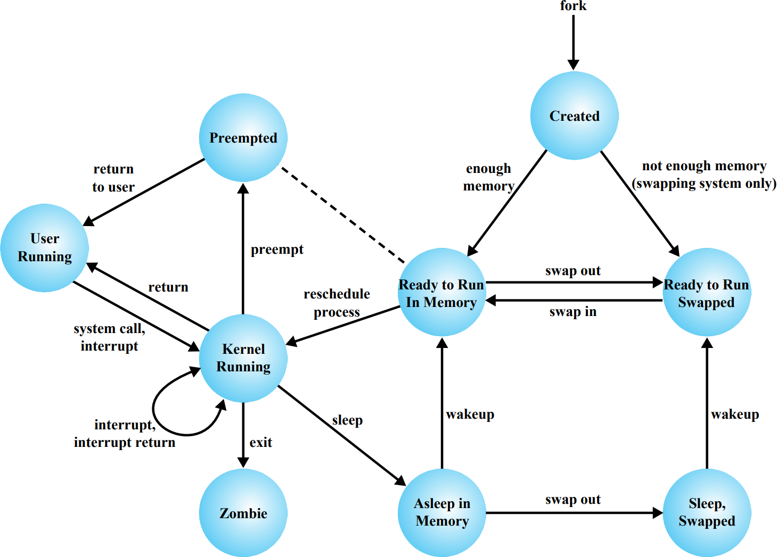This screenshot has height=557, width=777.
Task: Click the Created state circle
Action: pyautogui.click(x=575, y=116)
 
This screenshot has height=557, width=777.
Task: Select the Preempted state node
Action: pyautogui.click(x=243, y=138)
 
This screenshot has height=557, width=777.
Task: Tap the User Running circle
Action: pyautogui.click(x=45, y=248)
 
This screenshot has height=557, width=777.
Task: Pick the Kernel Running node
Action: pyautogui.click(x=243, y=359)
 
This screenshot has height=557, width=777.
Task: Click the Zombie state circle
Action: pyautogui.click(x=243, y=513)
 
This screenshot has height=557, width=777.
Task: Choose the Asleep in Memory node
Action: pyautogui.click(x=442, y=513)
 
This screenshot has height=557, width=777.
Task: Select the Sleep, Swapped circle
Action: pyautogui.click(x=707, y=513)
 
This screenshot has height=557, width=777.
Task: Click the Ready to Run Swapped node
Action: pyautogui.click(x=707, y=292)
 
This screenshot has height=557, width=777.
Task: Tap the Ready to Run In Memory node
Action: pyautogui.click(x=442, y=292)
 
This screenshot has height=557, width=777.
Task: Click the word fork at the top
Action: pyautogui.click(x=573, y=5)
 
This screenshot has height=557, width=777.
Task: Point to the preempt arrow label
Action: pyautogui.click(x=277, y=250)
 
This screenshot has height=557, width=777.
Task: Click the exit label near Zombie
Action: pyautogui.click(x=261, y=442)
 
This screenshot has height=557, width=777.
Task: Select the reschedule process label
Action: pyautogui.click(x=337, y=303)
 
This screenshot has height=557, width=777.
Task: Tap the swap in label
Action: pyautogui.click(x=573, y=312)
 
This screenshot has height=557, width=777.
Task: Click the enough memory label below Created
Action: pyautogui.click(x=488, y=177)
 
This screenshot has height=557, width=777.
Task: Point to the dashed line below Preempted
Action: pyautogui.click(x=343, y=215)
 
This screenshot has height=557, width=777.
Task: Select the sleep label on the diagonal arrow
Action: pyautogui.click(x=347, y=420)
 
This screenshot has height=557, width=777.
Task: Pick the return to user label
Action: pyautogui.click(x=113, y=178)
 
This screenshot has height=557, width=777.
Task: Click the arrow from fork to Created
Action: pyautogui.click(x=574, y=42)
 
